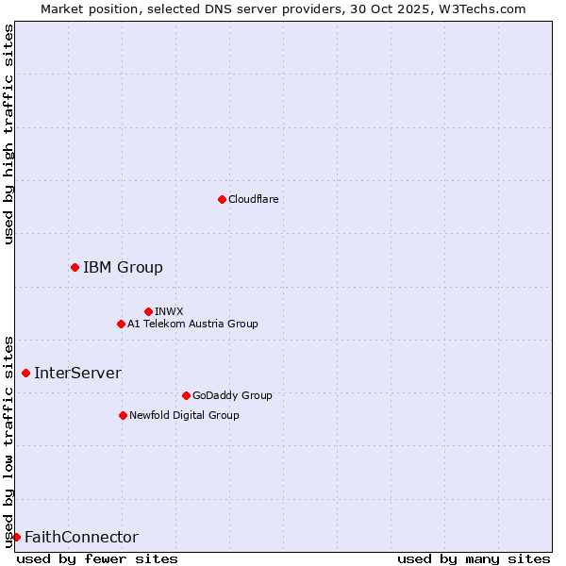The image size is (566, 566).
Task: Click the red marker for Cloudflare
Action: pyautogui.click(x=222, y=199)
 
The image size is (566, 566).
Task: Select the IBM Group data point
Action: pyautogui.click(x=75, y=267)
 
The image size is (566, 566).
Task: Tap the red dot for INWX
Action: pyautogui.click(x=148, y=311)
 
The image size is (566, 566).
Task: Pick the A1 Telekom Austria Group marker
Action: pyautogui.click(x=121, y=324)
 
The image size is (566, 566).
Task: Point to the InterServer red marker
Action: pyautogui.click(x=25, y=373)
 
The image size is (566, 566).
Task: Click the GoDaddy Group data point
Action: pyautogui.click(x=186, y=395)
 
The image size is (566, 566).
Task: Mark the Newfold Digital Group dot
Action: pyautogui.click(x=123, y=415)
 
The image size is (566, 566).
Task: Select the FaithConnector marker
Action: pyautogui.click(x=16, y=537)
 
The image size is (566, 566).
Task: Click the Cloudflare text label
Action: pyautogui.click(x=253, y=199)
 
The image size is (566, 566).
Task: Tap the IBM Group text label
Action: pyautogui.click(x=123, y=267)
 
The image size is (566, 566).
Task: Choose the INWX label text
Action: pyautogui.click(x=169, y=311)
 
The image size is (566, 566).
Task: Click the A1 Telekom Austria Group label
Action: pyautogui.click(x=192, y=324)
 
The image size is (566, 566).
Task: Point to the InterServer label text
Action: pyautogui.click(x=77, y=373)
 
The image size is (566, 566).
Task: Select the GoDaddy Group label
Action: pyautogui.click(x=231, y=395)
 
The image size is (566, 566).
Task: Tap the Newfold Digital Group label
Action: pyautogui.click(x=184, y=415)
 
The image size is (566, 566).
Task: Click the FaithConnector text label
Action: pyautogui.click(x=81, y=537)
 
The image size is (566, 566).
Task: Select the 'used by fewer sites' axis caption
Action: pyautogui.click(x=97, y=558)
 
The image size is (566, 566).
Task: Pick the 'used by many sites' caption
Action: pyautogui.click(x=474, y=558)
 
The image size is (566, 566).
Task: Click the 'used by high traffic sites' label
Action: pyautogui.click(x=9, y=134)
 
